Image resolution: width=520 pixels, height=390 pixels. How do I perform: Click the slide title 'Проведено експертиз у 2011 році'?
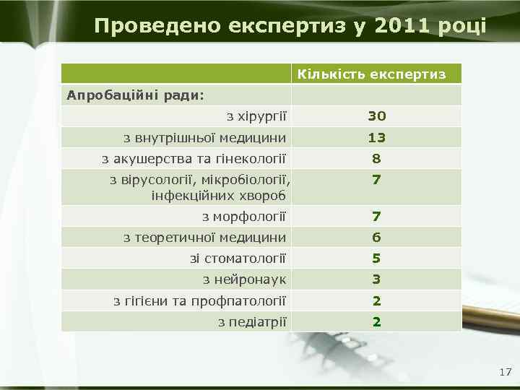pos(290,27)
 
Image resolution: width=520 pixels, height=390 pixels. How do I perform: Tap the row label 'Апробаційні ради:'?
pos(135,95)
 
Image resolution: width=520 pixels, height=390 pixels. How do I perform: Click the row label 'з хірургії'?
pos(256,116)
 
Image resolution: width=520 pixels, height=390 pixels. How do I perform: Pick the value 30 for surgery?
pos(376,116)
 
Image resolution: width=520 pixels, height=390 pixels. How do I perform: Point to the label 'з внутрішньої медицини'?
pos(204,137)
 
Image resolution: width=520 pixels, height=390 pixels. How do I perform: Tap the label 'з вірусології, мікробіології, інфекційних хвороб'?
pos(203,187)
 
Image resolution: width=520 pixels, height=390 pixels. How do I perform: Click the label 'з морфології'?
pos(244,216)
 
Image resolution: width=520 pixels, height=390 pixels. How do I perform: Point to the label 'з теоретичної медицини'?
pos(204,237)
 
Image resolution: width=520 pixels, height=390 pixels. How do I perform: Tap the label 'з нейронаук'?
pos(244,279)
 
